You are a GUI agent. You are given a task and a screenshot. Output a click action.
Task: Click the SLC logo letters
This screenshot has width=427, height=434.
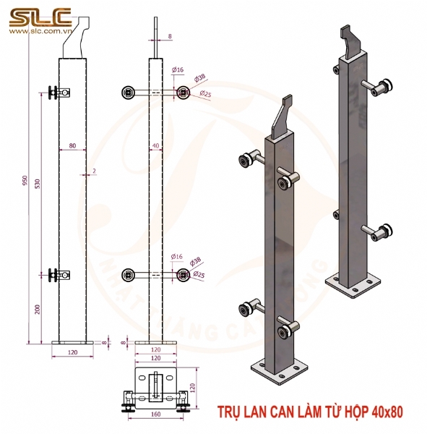(x=40, y=15)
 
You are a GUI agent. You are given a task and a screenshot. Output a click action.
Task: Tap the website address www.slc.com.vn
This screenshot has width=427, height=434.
(x=40, y=33)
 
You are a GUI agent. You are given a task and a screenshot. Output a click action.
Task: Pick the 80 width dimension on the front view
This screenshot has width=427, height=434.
(x=72, y=146)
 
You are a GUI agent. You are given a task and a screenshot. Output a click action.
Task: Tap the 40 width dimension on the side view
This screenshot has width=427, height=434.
(x=156, y=146)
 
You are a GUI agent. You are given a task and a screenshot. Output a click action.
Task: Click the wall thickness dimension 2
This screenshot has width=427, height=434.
(x=94, y=171)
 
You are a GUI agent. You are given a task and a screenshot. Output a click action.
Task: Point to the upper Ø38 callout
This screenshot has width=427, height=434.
(x=200, y=77)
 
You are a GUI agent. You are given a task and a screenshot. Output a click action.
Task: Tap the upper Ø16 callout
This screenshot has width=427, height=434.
(x=177, y=69)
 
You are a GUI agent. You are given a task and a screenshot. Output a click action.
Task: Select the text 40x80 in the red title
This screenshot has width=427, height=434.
(x=387, y=412)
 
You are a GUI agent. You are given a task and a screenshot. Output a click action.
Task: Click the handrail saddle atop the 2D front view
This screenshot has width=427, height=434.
(x=76, y=43)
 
